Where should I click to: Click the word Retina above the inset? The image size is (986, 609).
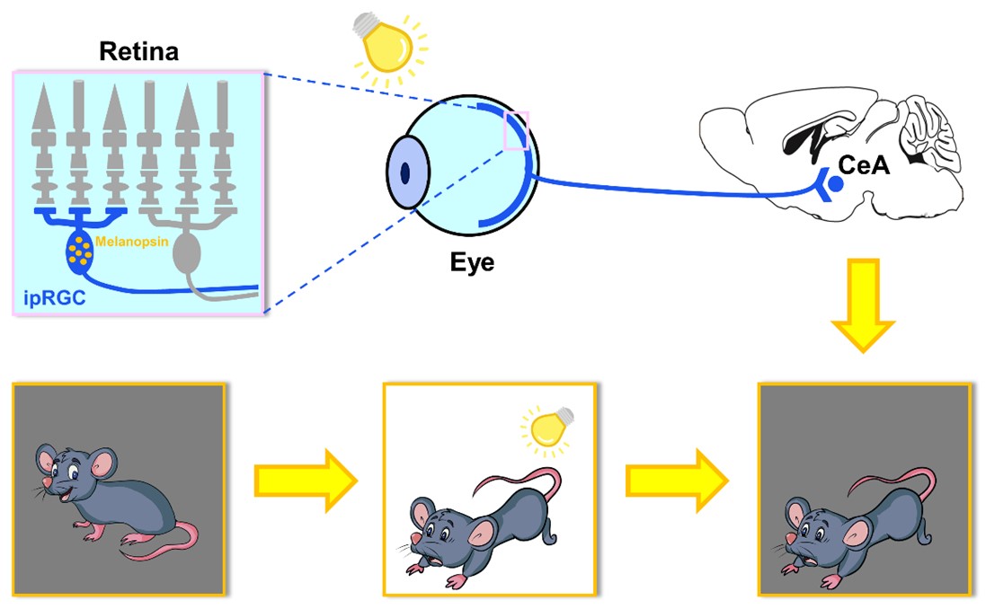pyautogui.click(x=138, y=51)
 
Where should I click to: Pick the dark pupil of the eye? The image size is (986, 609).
pyautogui.click(x=405, y=172)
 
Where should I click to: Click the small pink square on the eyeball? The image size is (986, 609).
pyautogui.click(x=519, y=132)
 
